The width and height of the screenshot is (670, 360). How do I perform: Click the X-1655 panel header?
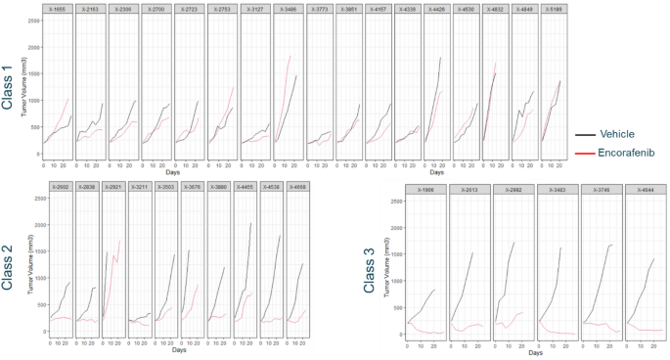pos(58,9)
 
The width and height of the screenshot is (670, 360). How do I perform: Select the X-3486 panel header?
pos(290,9)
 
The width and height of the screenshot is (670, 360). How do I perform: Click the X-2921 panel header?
pos(112,187)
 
